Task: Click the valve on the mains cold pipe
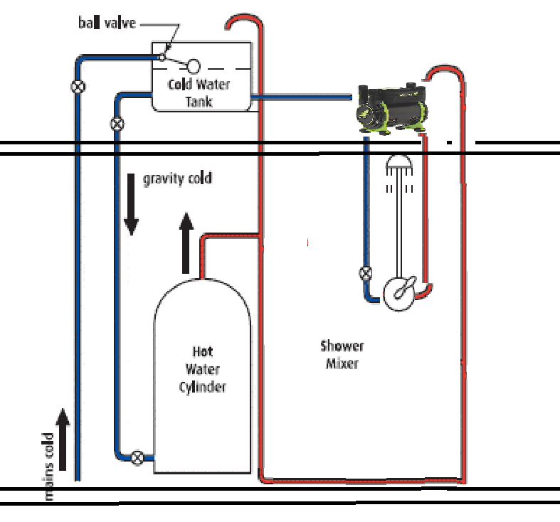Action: coord(78,87)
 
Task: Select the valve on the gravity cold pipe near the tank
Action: coord(117,124)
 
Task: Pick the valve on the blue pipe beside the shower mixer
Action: coord(366,272)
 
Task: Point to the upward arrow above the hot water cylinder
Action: coord(186,243)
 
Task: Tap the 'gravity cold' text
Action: coord(177,179)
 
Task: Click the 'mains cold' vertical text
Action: coord(48,466)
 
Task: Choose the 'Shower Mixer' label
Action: coord(342,355)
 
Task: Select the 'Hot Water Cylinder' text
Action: coord(202,369)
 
